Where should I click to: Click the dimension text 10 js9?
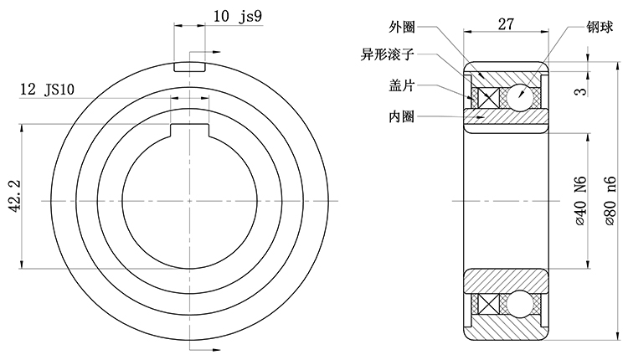233,16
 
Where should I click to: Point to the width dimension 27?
506,24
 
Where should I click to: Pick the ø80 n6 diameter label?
609,201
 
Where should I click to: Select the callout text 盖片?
404,85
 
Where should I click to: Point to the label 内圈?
404,116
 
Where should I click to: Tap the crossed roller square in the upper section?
486,96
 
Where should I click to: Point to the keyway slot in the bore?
189,129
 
